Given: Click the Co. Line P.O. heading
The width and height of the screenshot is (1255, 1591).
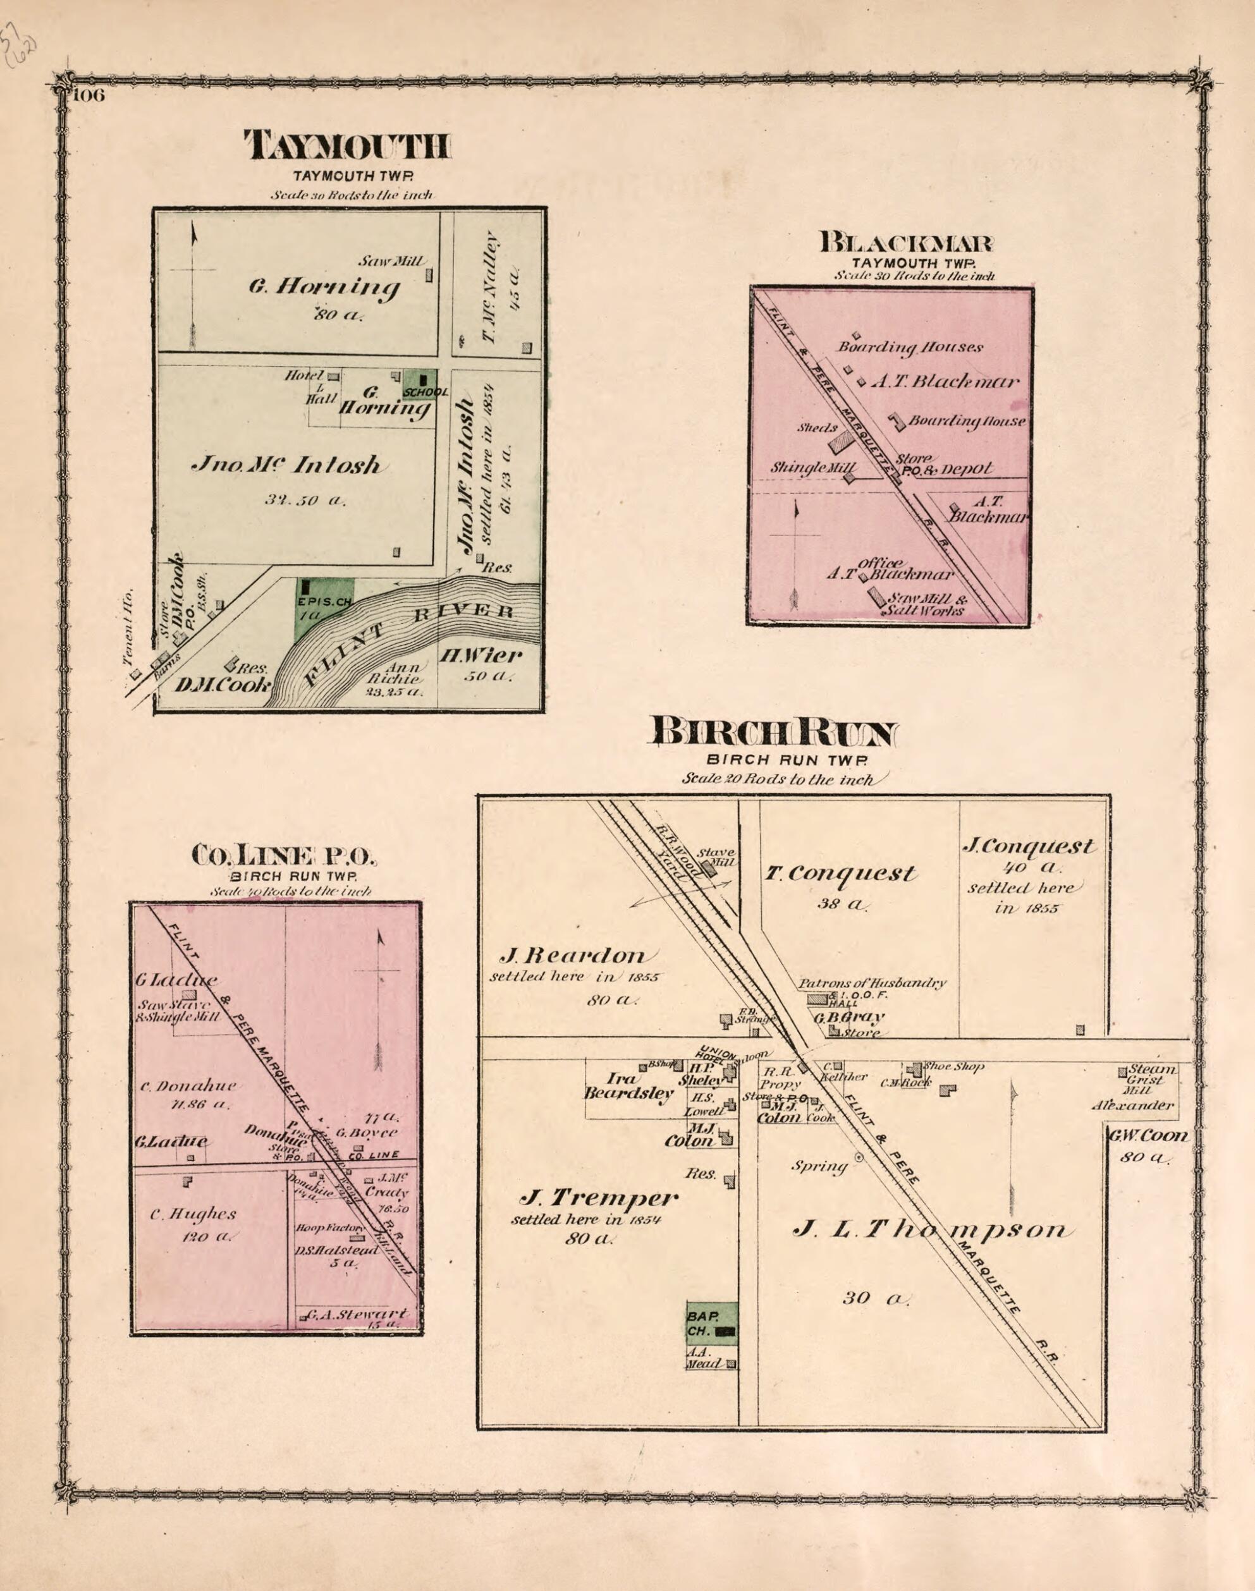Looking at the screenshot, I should [x=284, y=854].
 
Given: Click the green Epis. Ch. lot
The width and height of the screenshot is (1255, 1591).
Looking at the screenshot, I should [x=323, y=607].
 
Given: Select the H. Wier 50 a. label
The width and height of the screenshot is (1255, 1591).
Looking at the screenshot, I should [x=480, y=663].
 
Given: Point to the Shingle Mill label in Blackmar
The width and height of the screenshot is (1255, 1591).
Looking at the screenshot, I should [x=812, y=467].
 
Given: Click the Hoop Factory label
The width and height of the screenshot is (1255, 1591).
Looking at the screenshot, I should [x=330, y=1228].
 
